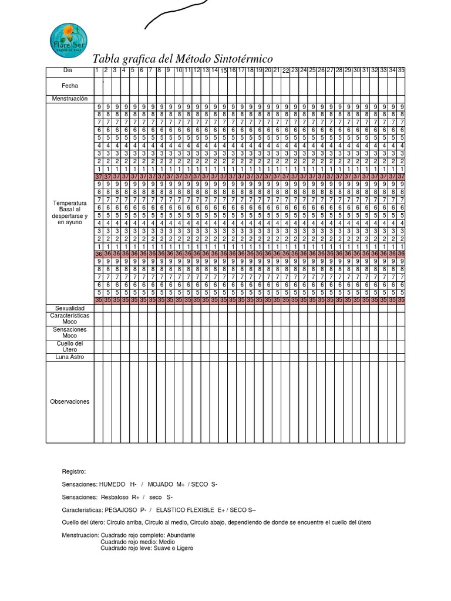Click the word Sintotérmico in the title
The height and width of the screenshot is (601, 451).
[238, 59]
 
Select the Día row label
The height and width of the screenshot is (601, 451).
[70, 70]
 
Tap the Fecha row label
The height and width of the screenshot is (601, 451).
[70, 86]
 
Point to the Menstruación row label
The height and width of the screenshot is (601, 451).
[70, 99]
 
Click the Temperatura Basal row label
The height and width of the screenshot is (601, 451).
[70, 212]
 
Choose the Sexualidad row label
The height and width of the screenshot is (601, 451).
[70, 308]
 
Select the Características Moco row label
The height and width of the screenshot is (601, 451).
[70, 319]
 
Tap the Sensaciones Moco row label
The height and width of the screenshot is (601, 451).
[70, 333]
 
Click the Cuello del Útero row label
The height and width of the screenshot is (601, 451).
[70, 346]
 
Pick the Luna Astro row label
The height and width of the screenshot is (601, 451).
[70, 357]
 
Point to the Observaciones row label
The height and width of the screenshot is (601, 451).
[70, 402]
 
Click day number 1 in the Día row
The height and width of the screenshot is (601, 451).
[97, 70]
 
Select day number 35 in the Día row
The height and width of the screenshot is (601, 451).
[401, 70]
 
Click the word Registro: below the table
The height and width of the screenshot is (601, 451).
[74, 471]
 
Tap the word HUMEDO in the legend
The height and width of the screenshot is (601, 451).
[112, 484]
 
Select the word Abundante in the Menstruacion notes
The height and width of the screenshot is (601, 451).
[181, 535]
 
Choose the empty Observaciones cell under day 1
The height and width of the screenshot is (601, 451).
[98, 402]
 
